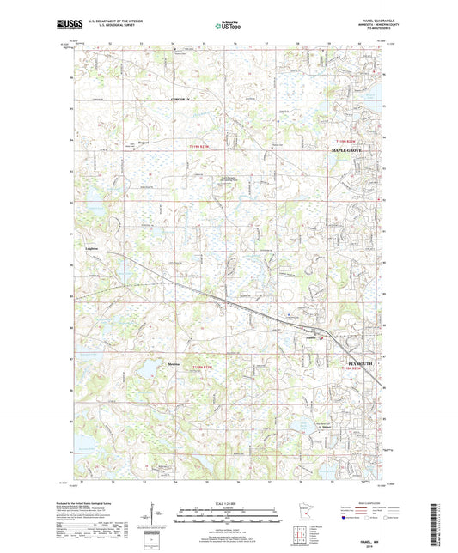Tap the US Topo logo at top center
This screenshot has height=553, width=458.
point(225,27)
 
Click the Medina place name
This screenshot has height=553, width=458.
point(174,364)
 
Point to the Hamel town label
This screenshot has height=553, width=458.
point(311,337)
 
